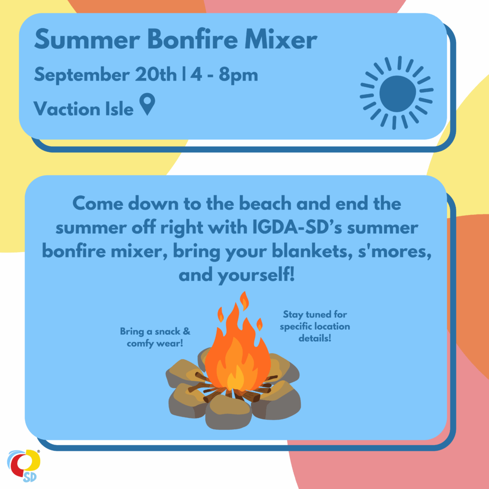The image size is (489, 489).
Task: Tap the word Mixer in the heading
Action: (281, 39)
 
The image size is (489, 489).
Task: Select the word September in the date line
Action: (82, 75)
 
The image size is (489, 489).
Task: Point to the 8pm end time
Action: (238, 75)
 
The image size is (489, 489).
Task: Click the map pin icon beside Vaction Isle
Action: (147, 104)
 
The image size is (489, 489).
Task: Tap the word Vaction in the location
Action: (66, 108)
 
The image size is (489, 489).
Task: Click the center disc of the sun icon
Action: (398, 94)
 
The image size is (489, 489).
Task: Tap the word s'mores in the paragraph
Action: (395, 251)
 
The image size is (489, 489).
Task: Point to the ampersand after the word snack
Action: (187, 331)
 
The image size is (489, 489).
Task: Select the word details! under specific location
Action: (315, 338)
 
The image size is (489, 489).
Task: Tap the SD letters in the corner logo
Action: (30, 477)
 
